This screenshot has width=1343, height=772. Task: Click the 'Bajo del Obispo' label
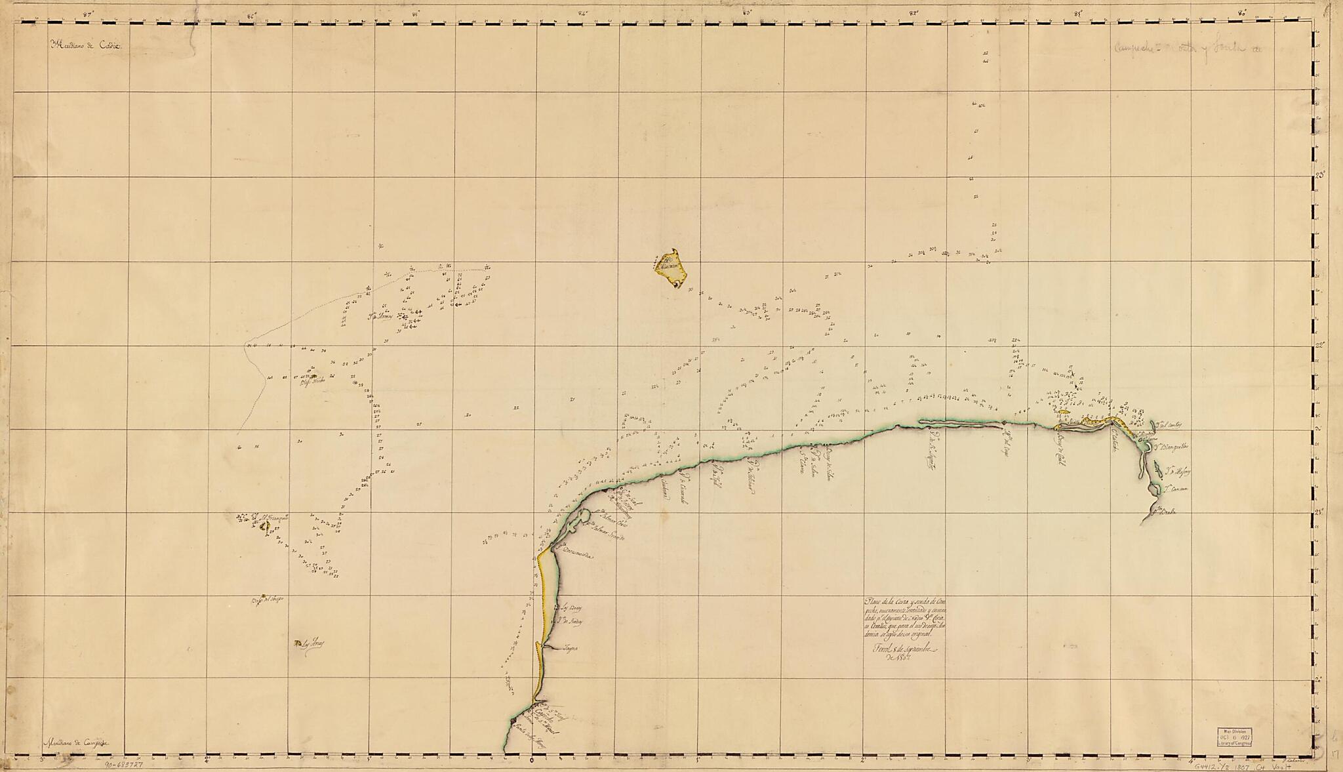coord(267,601)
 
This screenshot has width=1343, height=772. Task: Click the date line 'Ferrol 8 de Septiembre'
coord(898,649)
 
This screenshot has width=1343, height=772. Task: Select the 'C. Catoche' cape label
coord(1115,443)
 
